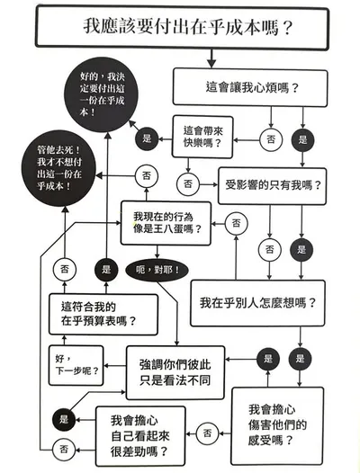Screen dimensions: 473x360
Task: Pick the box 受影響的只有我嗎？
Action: tap(274, 185)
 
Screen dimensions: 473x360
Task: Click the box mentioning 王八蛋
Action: tap(166, 222)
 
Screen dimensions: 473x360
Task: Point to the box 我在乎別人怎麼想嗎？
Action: tap(257, 303)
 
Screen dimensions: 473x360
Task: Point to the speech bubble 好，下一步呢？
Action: tap(74, 362)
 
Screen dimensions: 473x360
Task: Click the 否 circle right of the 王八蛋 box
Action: tap(236, 221)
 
